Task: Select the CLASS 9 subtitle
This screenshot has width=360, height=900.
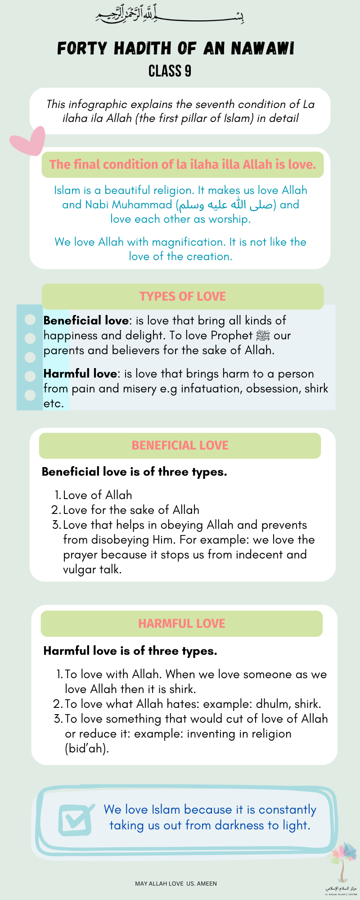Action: pos(170,71)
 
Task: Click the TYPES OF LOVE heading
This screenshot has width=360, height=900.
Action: pos(182,297)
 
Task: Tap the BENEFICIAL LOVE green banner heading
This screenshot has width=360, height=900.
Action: pos(180,445)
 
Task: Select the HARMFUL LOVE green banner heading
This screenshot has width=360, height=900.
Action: pos(181,624)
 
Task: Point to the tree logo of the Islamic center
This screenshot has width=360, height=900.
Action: pos(342,862)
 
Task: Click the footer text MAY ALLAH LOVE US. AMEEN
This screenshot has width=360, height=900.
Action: pos(176,883)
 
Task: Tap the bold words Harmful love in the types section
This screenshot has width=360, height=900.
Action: pos(80,373)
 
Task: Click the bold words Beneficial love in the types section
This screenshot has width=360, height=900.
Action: pos(86,320)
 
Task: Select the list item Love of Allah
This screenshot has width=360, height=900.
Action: pos(97,495)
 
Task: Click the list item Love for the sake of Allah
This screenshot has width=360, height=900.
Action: pos(131,510)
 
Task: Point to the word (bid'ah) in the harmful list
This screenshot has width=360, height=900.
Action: pos(87,748)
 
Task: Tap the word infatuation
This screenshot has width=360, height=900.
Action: pos(211,388)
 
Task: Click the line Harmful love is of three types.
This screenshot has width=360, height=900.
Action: pos(130,651)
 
